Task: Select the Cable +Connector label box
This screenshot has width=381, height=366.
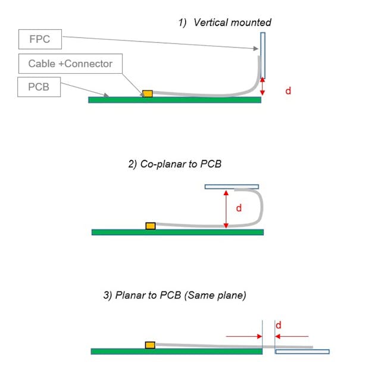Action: tap(70, 63)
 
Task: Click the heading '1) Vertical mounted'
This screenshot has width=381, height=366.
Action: tap(225, 23)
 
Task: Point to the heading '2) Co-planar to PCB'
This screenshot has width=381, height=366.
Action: tap(174, 164)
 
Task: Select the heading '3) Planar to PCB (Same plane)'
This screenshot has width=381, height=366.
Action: tap(174, 295)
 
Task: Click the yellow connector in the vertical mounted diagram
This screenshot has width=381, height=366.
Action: tap(147, 93)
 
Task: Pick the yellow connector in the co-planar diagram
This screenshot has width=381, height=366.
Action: tap(151, 226)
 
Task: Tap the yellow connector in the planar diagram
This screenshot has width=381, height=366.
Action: tap(150, 345)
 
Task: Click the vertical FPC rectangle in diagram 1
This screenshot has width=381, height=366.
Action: tap(263, 55)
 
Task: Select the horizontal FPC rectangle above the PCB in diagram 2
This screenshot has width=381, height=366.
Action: tap(232, 187)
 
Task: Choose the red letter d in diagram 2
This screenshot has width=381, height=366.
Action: tap(239, 208)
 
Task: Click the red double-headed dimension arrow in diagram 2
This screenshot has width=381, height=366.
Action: tap(226, 209)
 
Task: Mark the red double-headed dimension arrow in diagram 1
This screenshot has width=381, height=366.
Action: tap(263, 87)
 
